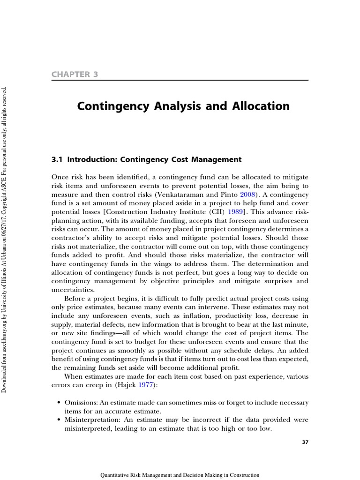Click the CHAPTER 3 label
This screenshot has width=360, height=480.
point(75,74)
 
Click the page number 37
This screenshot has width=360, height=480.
point(304,442)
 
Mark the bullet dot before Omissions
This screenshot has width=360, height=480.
point(59,403)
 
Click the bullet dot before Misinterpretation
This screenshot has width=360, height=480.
point(59,420)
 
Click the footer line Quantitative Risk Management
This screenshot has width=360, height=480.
point(180,474)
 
